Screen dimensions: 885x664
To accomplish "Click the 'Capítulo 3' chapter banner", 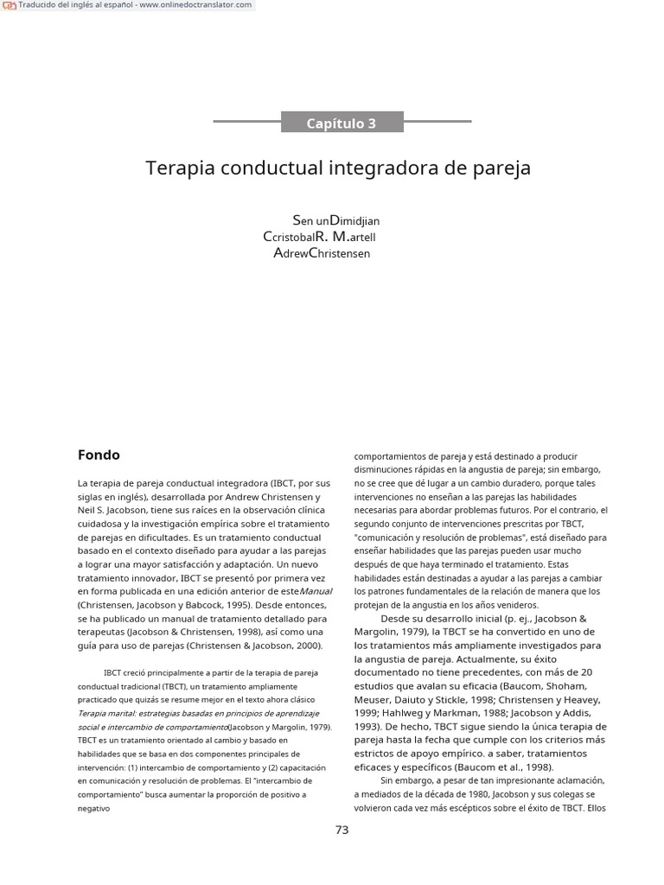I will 342,123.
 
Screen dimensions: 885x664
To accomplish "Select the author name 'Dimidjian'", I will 355,221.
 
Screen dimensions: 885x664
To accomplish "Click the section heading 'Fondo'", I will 99,455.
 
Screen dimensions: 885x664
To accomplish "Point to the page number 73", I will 342,830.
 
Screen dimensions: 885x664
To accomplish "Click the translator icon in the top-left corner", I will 9,5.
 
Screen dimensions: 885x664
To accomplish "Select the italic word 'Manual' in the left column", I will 316,591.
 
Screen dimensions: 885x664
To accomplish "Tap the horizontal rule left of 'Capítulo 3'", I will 246,122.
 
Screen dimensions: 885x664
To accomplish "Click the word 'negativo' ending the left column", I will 94,809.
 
